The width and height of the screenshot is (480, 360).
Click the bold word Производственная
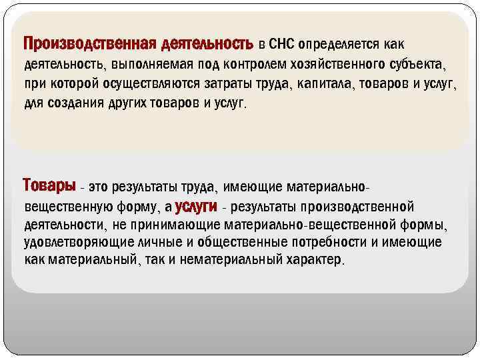click(x=89, y=44)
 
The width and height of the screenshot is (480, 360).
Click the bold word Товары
click(x=49, y=184)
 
